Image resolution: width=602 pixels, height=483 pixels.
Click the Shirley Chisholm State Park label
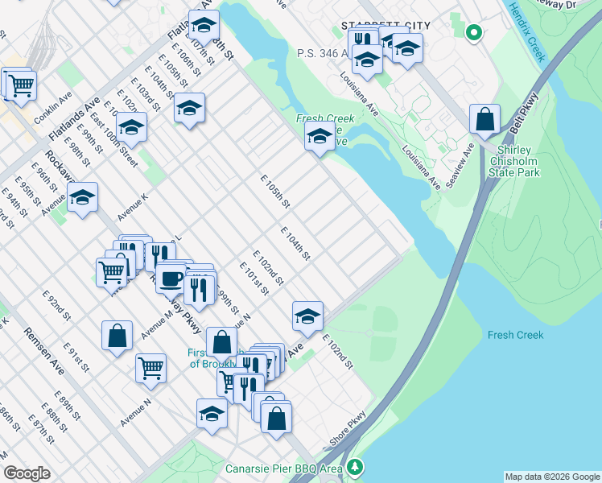pos(519,161)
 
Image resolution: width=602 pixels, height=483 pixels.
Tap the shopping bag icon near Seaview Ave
pos(485,120)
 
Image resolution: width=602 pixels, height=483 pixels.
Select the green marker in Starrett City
pos(474,33)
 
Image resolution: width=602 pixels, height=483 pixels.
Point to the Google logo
pos(27,473)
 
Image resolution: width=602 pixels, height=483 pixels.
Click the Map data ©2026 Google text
pos(552,477)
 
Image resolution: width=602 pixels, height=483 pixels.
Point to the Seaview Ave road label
pos(460,165)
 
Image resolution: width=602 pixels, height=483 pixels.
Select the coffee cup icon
pos(171,279)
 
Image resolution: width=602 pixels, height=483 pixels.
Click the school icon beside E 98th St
pos(82,197)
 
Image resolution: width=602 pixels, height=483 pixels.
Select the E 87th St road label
pos(40,430)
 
